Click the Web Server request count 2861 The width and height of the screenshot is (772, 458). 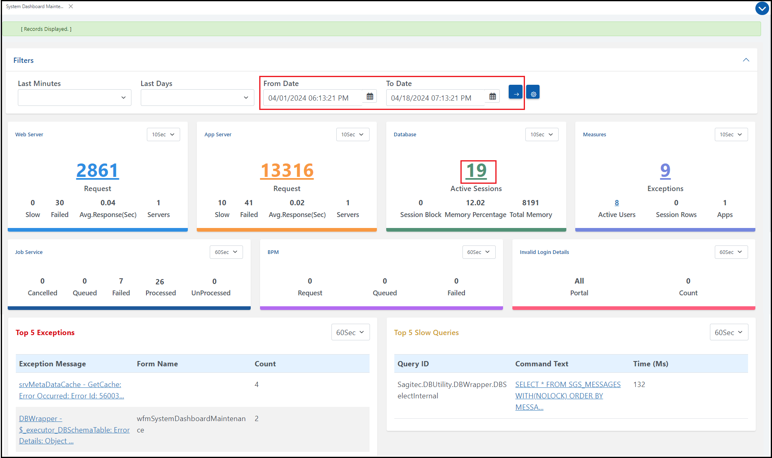pyautogui.click(x=97, y=171)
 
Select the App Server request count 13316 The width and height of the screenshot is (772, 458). pyautogui.click(x=287, y=171)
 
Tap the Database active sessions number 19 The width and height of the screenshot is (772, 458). pyautogui.click(x=476, y=171)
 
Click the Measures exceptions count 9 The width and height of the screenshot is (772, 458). pyautogui.click(x=665, y=171)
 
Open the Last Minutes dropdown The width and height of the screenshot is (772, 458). pyautogui.click(x=74, y=98)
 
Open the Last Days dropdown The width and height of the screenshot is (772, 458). pyautogui.click(x=197, y=98)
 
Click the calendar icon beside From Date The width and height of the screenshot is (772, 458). pyautogui.click(x=370, y=97)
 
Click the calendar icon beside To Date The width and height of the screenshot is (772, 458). pyautogui.click(x=492, y=97)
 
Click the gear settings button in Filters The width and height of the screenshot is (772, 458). pyautogui.click(x=533, y=93)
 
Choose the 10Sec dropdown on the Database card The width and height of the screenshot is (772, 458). pyautogui.click(x=542, y=135)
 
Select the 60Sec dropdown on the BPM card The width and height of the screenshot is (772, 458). pyautogui.click(x=479, y=252)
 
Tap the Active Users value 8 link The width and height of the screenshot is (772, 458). pyautogui.click(x=617, y=203)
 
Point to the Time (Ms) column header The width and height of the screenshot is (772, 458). pyautogui.click(x=650, y=364)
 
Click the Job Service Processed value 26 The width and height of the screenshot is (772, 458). pyautogui.click(x=160, y=282)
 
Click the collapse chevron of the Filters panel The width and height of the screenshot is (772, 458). pyautogui.click(x=746, y=60)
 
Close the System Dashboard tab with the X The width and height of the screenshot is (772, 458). pyautogui.click(x=71, y=6)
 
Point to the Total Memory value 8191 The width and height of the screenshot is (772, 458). pyautogui.click(x=530, y=203)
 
